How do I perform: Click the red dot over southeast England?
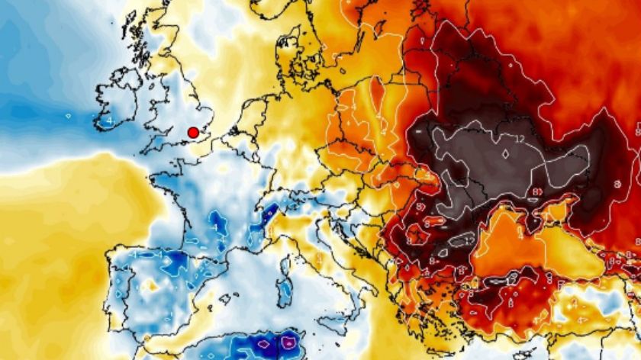click(193, 133)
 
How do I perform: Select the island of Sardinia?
click(285, 290)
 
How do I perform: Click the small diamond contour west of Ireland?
click(69, 117)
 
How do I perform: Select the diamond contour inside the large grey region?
click(504, 153)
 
